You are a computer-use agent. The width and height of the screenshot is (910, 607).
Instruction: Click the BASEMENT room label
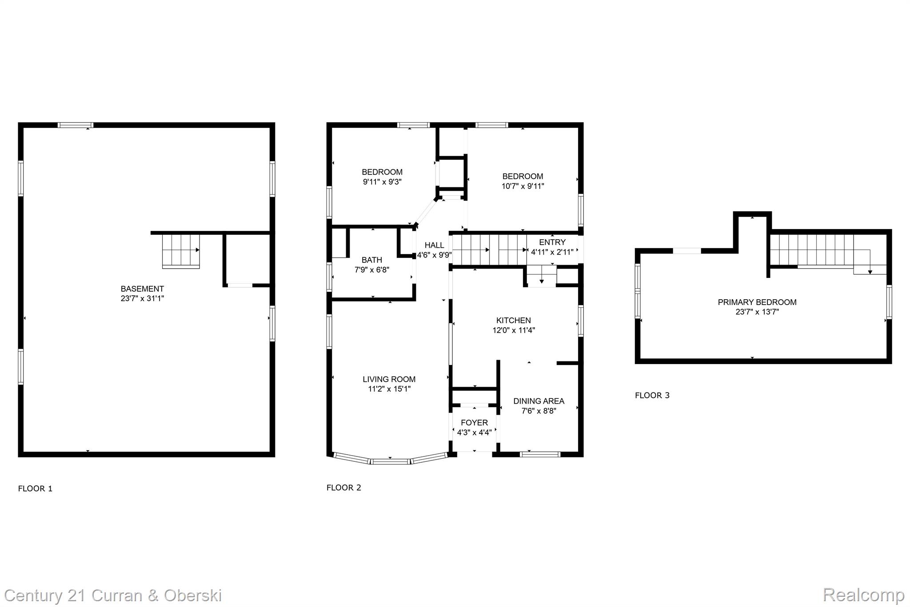(142, 289)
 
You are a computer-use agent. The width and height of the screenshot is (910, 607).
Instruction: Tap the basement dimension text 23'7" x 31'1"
(142, 298)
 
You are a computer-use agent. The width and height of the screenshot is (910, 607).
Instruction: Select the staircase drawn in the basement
(180, 251)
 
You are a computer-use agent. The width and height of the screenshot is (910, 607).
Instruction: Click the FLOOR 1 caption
(35, 488)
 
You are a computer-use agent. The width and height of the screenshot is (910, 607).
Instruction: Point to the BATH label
(371, 260)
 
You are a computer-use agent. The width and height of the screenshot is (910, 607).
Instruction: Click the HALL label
(434, 245)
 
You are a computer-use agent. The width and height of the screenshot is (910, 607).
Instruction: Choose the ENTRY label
(552, 242)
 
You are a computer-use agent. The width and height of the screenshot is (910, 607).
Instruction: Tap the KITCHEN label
(513, 320)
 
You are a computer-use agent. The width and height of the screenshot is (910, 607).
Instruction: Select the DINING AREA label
(539, 401)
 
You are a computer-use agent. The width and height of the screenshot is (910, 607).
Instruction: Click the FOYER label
(474, 423)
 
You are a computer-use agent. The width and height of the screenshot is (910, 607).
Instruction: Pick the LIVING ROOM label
(389, 379)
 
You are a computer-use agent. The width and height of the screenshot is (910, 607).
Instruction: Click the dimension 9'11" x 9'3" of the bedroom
(382, 182)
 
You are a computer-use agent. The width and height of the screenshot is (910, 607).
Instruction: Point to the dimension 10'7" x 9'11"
(523, 186)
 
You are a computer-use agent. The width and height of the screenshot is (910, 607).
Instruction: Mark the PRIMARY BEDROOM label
(757, 302)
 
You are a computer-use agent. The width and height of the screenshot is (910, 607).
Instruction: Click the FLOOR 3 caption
(652, 395)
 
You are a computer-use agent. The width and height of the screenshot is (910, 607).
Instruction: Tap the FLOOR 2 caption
(343, 488)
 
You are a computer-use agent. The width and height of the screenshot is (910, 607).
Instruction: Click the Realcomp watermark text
(863, 595)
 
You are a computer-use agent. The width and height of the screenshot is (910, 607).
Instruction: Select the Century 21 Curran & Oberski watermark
(113, 595)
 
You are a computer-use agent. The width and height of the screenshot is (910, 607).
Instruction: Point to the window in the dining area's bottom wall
(540, 454)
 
